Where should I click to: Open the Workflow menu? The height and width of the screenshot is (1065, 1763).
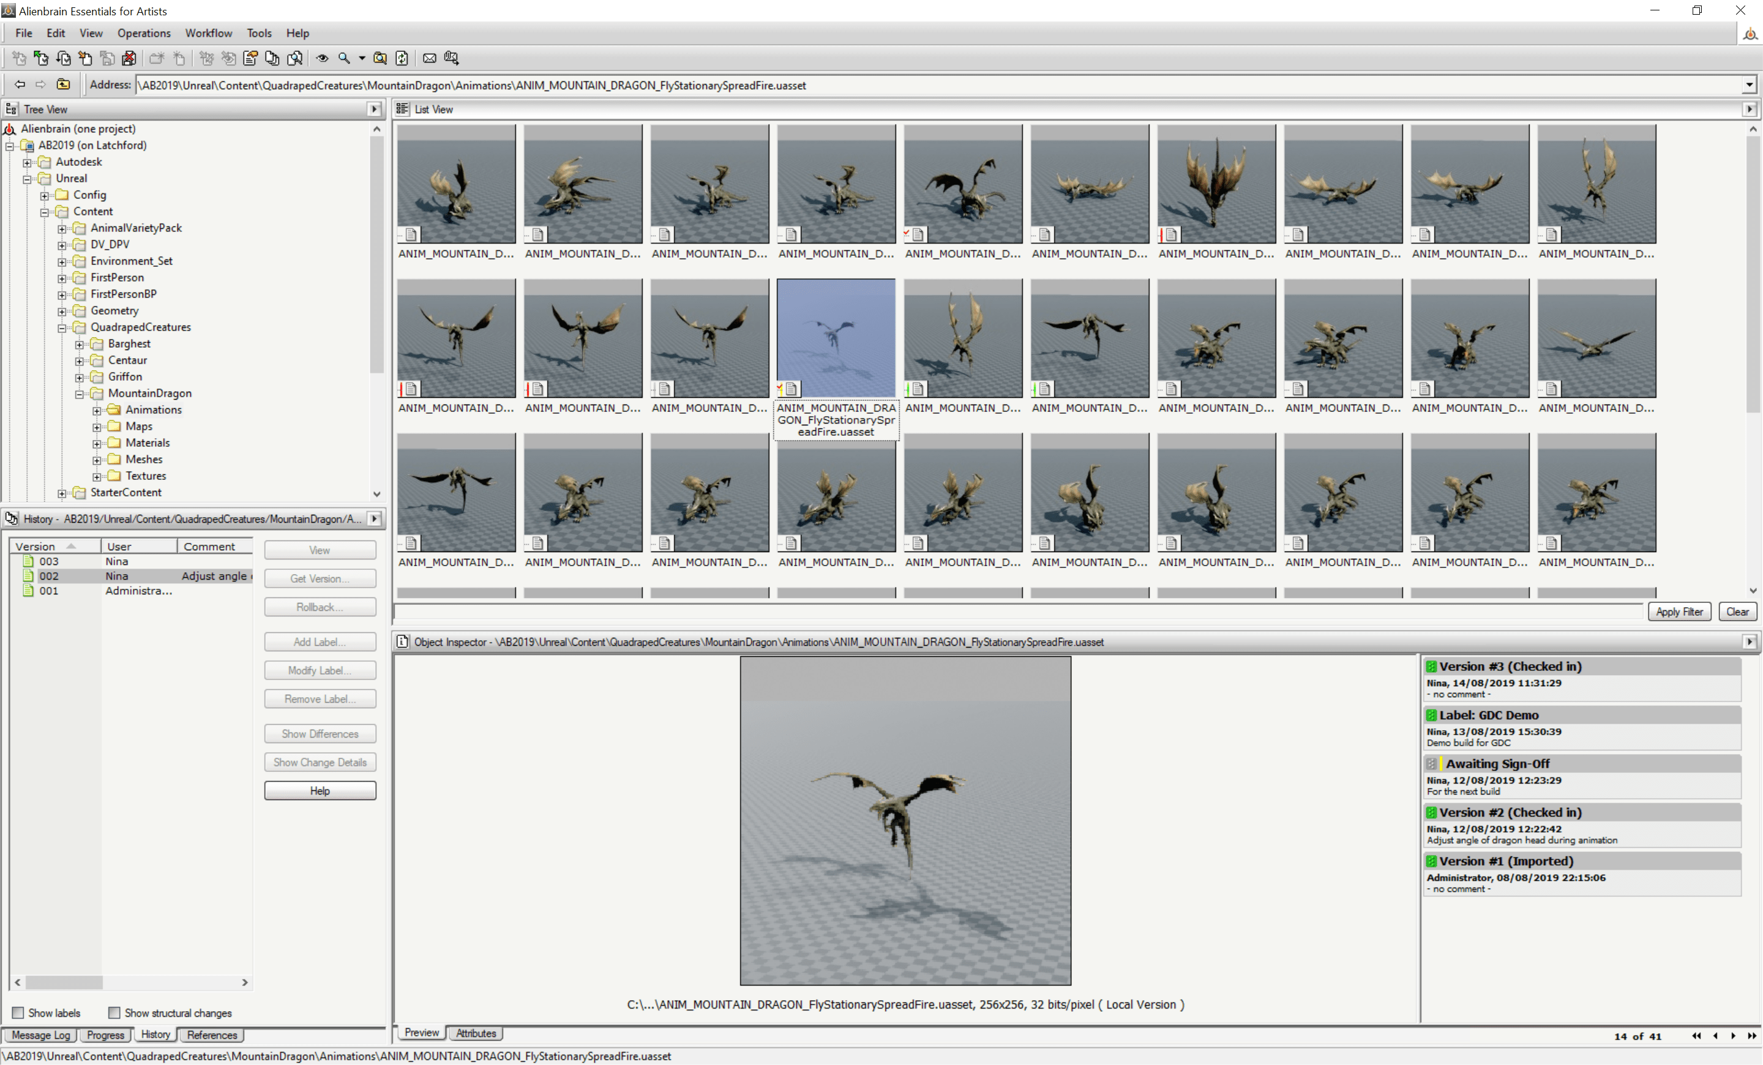[x=208, y=33]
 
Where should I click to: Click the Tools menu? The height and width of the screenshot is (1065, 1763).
[x=259, y=33]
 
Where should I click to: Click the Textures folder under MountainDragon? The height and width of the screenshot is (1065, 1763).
[x=145, y=476]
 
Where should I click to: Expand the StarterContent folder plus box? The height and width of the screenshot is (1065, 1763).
[x=62, y=493]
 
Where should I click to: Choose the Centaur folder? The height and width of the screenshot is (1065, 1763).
[x=127, y=361]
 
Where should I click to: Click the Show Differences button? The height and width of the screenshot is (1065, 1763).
[x=320, y=734]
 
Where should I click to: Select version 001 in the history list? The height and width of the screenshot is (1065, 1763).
[x=48, y=591]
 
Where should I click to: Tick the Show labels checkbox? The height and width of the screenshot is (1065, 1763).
[x=18, y=1013]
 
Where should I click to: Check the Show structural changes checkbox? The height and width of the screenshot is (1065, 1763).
[x=114, y=1013]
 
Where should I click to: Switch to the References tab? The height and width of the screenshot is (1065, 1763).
[x=212, y=1035]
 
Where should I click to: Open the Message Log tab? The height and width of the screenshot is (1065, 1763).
[x=41, y=1035]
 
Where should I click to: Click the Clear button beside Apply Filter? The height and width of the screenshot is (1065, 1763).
[x=1737, y=611]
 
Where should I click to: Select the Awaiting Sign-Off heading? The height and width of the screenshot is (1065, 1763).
[x=1497, y=764]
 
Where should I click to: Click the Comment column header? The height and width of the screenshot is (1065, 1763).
[x=209, y=547]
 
